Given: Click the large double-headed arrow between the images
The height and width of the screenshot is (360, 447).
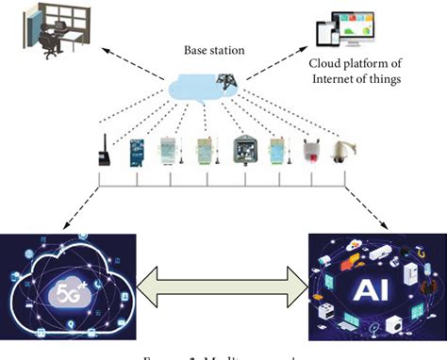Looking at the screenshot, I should (223, 282).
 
